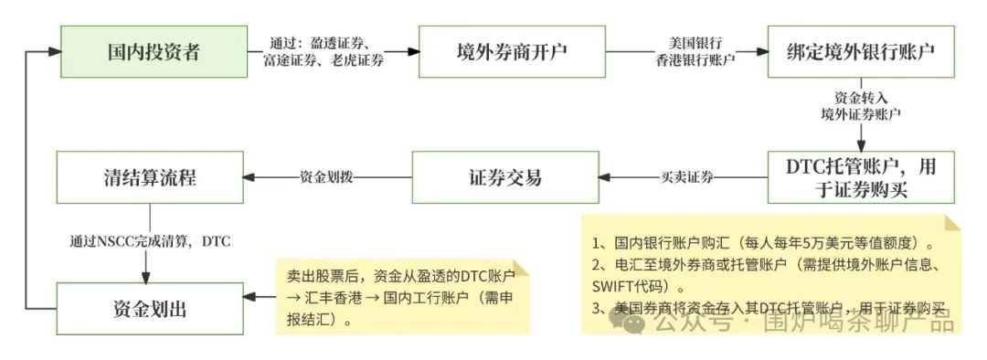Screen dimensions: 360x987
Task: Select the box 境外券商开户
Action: (512, 52)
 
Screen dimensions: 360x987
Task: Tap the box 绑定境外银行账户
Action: (862, 52)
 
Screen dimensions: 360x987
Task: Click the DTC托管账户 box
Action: (862, 178)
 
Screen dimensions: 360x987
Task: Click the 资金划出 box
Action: (151, 308)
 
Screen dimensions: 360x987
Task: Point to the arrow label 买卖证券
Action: (687, 177)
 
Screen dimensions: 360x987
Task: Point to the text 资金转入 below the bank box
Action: (861, 98)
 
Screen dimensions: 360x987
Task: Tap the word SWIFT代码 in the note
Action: (626, 286)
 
